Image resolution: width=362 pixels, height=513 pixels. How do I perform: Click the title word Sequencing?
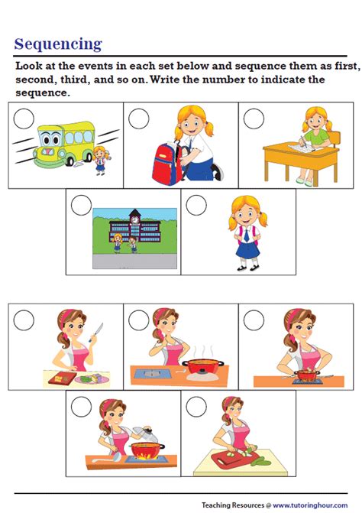pos(58,44)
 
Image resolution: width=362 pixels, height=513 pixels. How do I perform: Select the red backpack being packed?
pos(167,163)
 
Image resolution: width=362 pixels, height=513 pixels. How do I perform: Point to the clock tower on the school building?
pos(134,218)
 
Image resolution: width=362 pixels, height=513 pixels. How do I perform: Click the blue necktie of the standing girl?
pos(246,234)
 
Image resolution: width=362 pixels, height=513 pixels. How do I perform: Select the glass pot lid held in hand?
pos(145,434)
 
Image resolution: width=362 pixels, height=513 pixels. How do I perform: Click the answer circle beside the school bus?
pos(24,119)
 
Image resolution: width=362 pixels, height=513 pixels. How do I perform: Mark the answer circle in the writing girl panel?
pos(254,119)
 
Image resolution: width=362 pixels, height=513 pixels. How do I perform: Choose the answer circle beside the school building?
pos(82,205)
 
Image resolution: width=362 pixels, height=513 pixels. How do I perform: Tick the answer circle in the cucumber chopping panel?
pos(196,407)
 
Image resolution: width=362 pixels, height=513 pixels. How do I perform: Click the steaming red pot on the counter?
pos(203,365)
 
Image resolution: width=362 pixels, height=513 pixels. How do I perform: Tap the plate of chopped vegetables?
pos(92,379)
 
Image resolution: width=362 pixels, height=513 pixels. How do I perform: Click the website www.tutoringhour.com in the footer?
pos(310,505)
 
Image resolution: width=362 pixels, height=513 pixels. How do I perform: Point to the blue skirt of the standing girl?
pos(247,249)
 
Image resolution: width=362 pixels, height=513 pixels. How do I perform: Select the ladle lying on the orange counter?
pos(106,458)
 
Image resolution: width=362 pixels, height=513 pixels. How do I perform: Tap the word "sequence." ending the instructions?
pos(43,93)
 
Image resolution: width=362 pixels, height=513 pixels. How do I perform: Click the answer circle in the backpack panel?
pos(139,119)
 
